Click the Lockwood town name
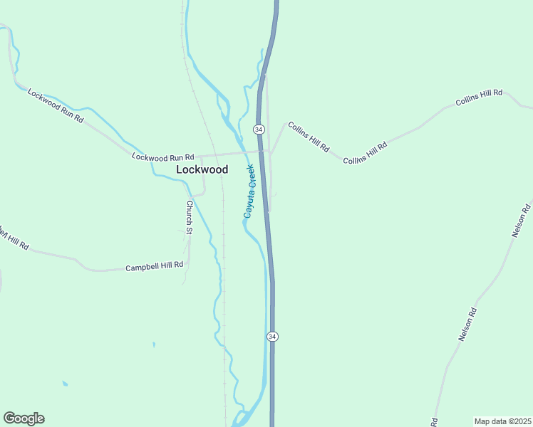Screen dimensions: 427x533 (202, 169)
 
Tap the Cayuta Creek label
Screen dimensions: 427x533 (249, 191)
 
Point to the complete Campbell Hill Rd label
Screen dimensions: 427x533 (155, 266)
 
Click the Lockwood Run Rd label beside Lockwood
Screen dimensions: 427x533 (163, 157)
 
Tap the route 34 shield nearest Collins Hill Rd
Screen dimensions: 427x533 (259, 129)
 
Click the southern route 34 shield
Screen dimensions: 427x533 (272, 336)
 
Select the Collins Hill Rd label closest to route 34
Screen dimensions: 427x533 (309, 137)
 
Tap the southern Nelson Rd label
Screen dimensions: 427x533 (467, 325)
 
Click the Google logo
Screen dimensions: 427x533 (24, 418)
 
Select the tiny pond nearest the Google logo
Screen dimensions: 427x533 (65, 384)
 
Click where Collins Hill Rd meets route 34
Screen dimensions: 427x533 (270, 151)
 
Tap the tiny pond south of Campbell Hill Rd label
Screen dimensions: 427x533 (154, 345)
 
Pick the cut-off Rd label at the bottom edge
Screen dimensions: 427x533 (434, 422)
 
